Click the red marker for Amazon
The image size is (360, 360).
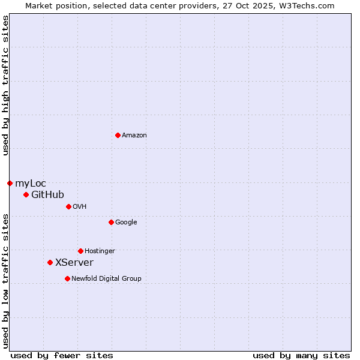click(118, 135)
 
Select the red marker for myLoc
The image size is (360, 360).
click(10, 183)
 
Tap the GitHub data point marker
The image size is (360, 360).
click(26, 194)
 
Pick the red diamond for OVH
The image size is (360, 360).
click(68, 206)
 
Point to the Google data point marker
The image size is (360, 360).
click(111, 222)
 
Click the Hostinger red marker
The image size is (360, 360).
click(80, 251)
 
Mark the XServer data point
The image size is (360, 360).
click(50, 262)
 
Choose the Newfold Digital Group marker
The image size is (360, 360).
click(67, 278)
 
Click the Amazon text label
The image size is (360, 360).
click(134, 136)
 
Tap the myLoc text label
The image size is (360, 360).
click(31, 184)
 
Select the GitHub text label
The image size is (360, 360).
click(47, 195)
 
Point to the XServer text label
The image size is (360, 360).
click(74, 263)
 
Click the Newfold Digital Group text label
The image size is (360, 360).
click(106, 279)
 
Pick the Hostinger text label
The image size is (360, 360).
click(100, 251)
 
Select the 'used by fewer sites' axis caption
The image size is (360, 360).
click(62, 355)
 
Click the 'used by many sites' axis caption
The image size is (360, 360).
click(301, 355)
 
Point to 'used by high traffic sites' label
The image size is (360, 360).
click(5, 85)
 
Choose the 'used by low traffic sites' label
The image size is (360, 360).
click(5, 281)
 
